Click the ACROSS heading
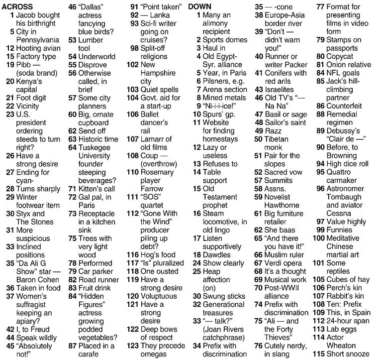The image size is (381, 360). [17, 6]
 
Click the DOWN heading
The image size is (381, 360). [200, 6]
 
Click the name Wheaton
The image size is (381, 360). [343, 345]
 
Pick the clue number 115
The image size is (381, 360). [318, 354]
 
